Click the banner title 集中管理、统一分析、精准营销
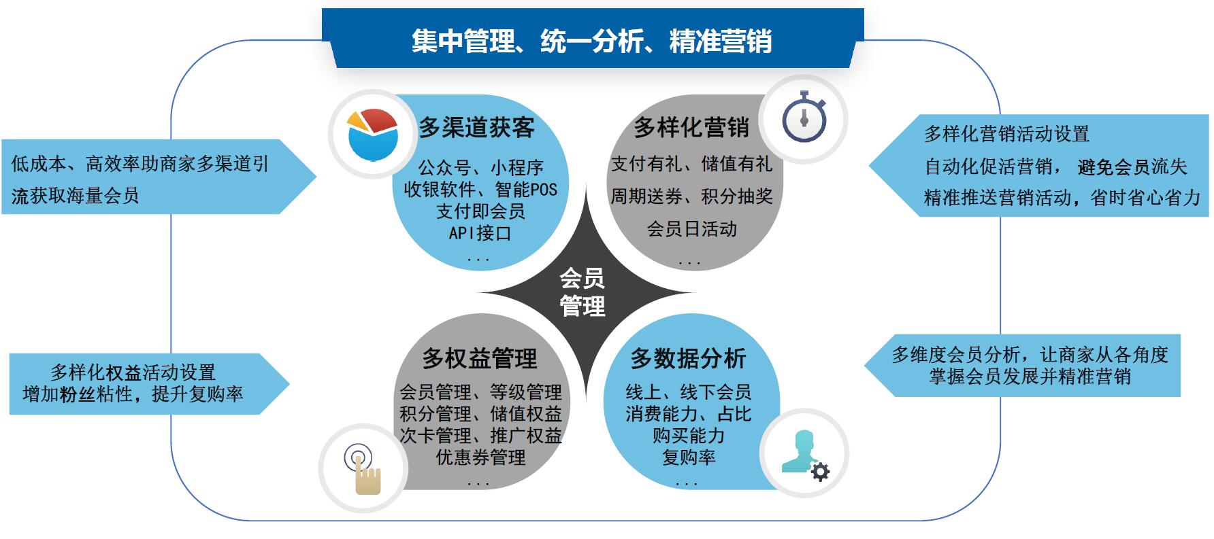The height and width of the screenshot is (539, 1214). click(591, 41)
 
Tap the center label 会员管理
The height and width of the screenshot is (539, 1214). click(582, 292)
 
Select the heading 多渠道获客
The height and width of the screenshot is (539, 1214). click(476, 128)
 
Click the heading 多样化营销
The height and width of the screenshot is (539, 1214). click(691, 127)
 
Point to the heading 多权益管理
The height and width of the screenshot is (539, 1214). click(480, 358)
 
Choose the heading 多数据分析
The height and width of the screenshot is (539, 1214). click(688, 358)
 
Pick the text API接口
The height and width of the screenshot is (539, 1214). click(480, 233)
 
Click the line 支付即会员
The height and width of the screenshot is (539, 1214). click(480, 211)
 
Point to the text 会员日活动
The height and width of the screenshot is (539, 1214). click(691, 228)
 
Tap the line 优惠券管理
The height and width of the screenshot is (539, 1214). click(480, 457)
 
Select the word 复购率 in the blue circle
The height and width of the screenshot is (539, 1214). click(689, 457)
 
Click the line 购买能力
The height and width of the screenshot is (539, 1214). click(689, 435)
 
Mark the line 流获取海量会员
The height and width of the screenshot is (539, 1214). click(75, 196)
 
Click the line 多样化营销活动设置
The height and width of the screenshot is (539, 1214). click(1006, 134)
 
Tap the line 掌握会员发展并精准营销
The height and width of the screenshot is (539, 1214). click(1030, 376)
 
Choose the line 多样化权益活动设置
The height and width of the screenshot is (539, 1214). click(133, 372)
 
